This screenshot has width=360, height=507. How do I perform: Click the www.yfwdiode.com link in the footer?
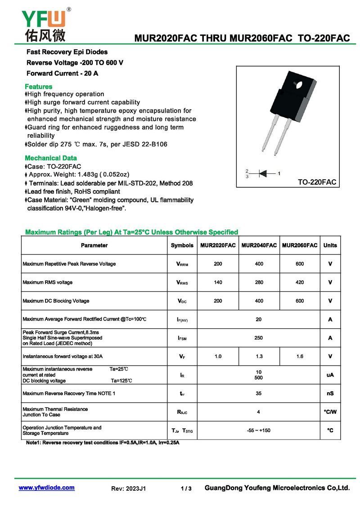point(46,488)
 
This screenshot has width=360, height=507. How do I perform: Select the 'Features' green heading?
point(39,86)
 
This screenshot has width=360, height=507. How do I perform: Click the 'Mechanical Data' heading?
point(51,158)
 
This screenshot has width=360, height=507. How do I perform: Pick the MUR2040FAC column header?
point(259,245)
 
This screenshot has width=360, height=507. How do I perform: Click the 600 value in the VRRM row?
point(300,264)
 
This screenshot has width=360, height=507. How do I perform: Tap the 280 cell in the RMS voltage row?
point(259,282)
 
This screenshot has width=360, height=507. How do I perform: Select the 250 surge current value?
point(258,338)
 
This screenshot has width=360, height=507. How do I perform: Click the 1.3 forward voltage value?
point(259,356)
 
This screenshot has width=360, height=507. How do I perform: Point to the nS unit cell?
point(330,394)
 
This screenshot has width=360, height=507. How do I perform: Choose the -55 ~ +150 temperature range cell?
point(259,430)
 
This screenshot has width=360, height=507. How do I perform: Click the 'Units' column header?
point(330,245)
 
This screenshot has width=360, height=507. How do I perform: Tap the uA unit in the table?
point(330,375)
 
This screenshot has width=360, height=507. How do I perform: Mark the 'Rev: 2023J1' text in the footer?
point(128,489)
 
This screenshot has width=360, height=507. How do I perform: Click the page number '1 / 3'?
point(186,489)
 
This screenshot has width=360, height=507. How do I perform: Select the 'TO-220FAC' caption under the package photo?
point(317,182)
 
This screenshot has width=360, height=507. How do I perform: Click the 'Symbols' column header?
point(182,245)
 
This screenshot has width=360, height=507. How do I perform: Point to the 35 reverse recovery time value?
point(258,394)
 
